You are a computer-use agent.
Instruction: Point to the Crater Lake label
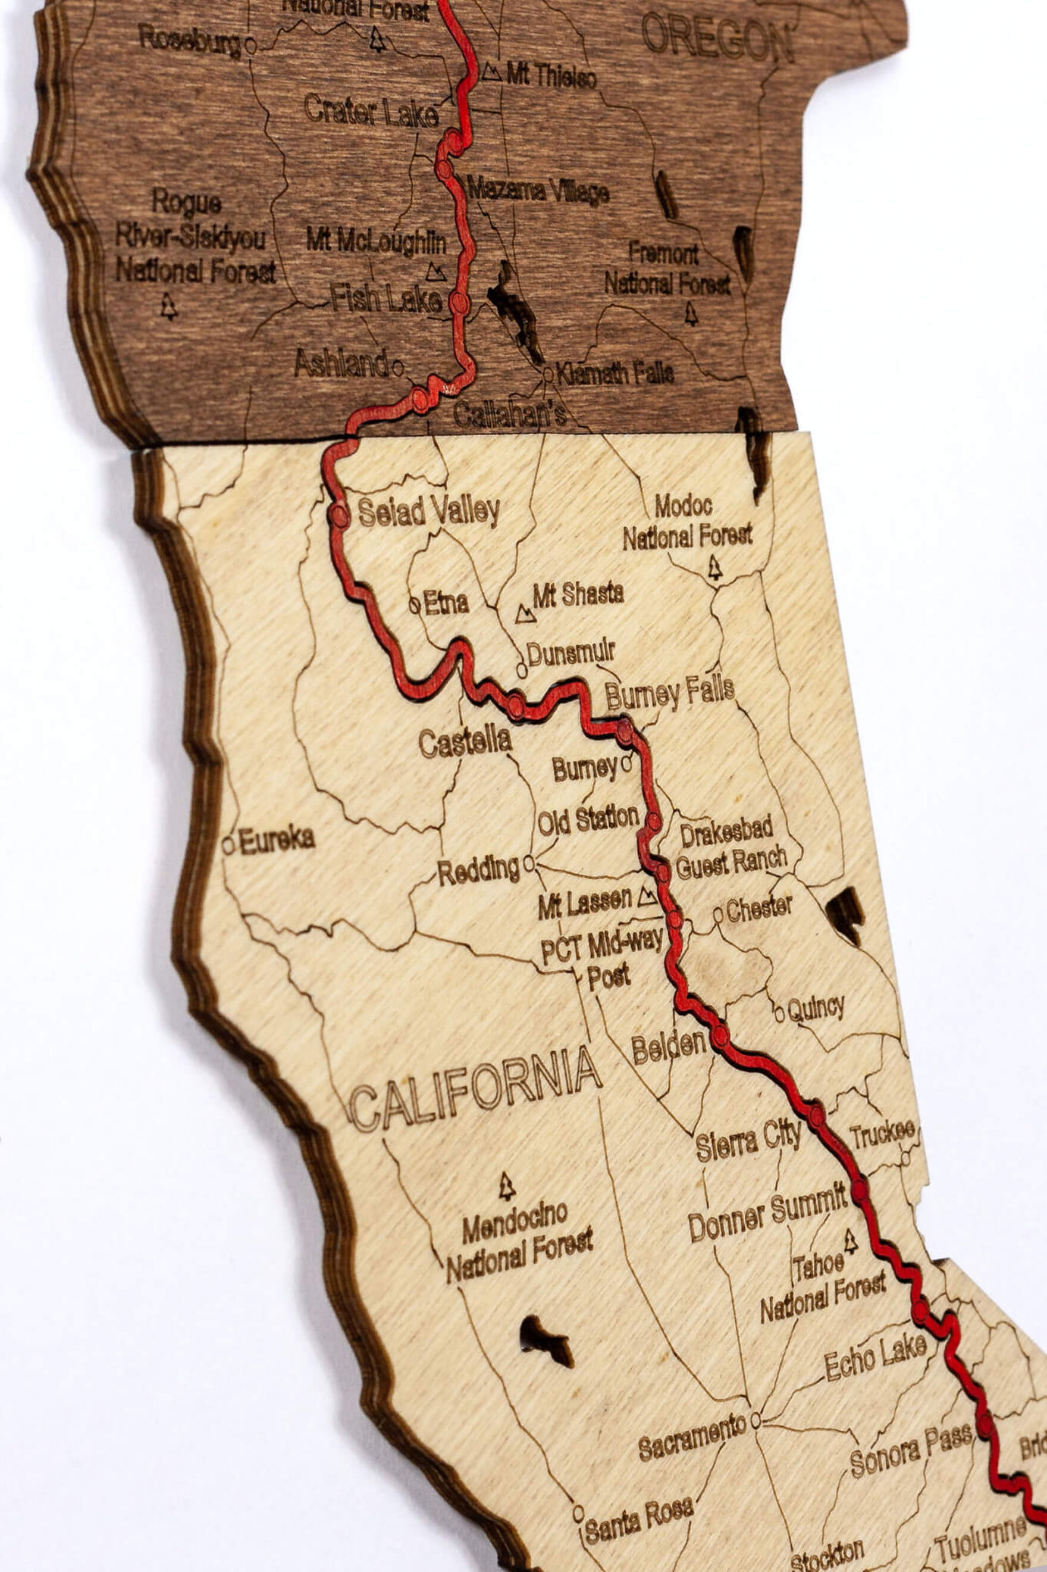(x=371, y=111)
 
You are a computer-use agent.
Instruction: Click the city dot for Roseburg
(x=250, y=45)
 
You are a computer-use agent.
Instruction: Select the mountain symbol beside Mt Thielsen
(x=491, y=72)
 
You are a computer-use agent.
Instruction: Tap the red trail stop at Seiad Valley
(x=340, y=515)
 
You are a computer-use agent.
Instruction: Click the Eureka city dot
(x=228, y=846)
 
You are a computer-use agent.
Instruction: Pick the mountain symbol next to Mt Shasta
(x=525, y=613)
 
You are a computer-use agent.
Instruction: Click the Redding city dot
(x=529, y=864)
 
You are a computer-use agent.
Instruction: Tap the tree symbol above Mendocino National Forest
(x=507, y=1185)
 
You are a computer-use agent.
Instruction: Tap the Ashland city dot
(x=398, y=367)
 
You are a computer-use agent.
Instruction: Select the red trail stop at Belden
(x=720, y=1036)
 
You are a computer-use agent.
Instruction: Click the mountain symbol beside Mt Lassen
(x=647, y=897)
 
